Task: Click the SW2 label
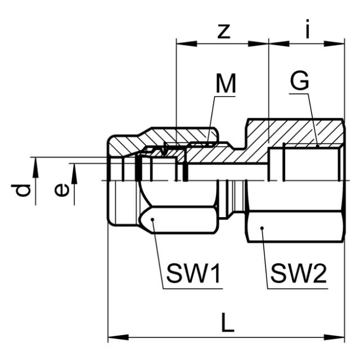298,274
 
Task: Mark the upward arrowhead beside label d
35,163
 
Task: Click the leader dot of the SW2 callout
263,228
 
